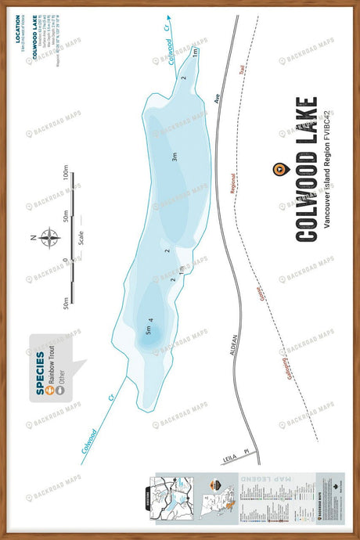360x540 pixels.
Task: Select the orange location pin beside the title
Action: (x=276, y=169)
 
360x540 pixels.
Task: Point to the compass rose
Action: (x=49, y=236)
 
